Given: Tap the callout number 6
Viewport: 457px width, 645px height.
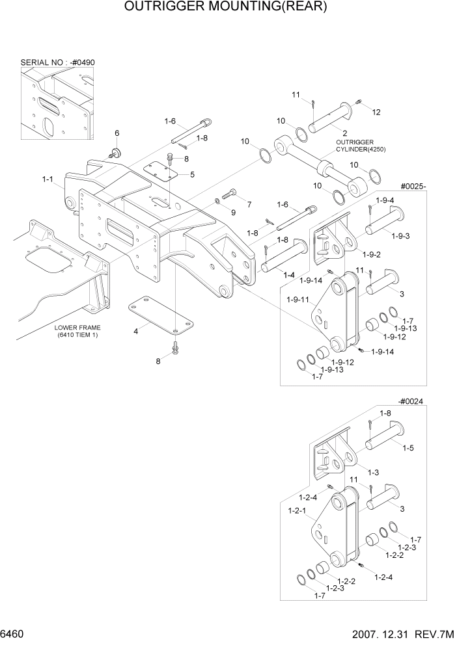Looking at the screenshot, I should pos(117,133).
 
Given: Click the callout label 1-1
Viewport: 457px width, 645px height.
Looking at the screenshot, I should pos(48,178).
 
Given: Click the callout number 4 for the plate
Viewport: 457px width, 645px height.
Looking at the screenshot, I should pos(135,332).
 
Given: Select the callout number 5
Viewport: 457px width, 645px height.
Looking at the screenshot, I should pos(192,174).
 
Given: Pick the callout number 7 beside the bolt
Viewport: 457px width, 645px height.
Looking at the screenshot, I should pos(248,204).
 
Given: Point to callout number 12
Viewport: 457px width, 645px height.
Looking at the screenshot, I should pos(376,112).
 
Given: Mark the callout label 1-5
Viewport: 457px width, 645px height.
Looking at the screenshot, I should pos(408,447).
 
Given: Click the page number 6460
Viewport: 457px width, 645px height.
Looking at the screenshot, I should pos(13,634).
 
